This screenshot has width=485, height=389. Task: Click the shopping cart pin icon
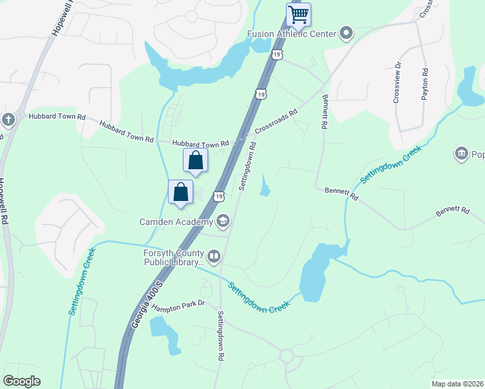coord(298,15)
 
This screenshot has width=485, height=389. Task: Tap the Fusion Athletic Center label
coord(291,34)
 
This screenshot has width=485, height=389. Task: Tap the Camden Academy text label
coord(176,222)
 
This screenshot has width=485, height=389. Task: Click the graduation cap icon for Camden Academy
coord(223,222)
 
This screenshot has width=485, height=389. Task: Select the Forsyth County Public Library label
coord(174,258)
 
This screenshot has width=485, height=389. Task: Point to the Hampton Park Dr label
coord(178,304)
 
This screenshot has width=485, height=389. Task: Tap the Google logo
coord(21,381)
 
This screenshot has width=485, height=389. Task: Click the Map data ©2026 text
coord(457,384)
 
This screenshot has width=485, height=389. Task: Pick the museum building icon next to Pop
coord(461,154)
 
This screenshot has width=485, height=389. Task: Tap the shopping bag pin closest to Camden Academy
coord(181,193)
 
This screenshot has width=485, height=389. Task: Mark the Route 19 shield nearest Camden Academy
coord(220,196)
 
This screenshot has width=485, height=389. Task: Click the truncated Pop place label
coord(478,154)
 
